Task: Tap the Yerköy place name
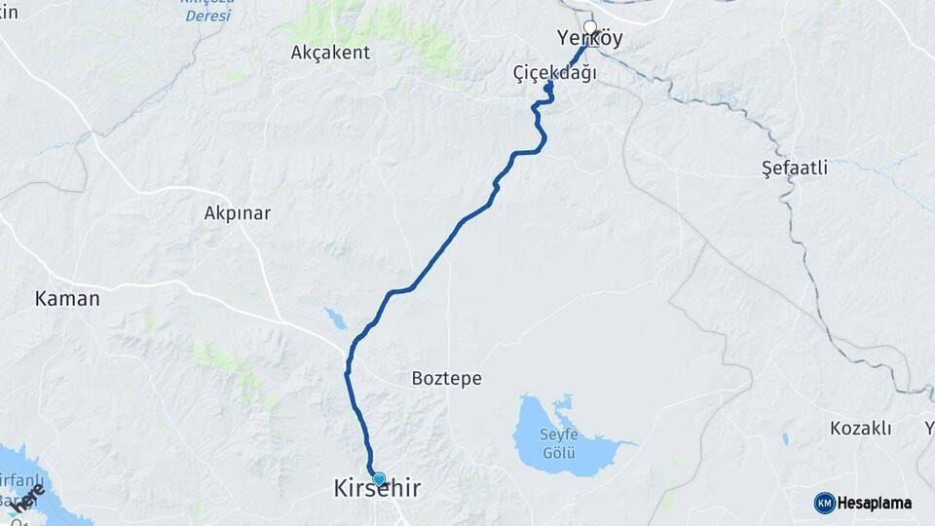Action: (x=588, y=40)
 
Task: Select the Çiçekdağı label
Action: (x=554, y=73)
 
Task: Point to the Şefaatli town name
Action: (x=795, y=168)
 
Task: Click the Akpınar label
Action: (x=238, y=212)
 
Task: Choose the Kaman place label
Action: (x=67, y=298)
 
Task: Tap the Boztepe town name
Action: (x=446, y=378)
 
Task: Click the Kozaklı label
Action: (x=861, y=428)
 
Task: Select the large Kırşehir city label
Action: (x=378, y=489)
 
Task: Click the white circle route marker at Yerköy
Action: (x=589, y=26)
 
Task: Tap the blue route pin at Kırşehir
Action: (x=379, y=478)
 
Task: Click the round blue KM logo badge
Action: (x=824, y=503)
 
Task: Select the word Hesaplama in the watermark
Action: (x=875, y=503)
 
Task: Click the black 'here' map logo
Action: (x=28, y=498)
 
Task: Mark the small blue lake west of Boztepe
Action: (x=335, y=318)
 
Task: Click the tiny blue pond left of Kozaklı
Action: (x=784, y=439)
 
